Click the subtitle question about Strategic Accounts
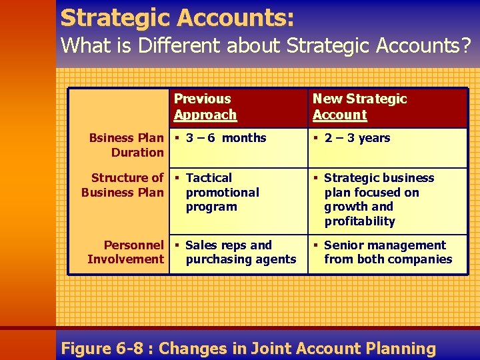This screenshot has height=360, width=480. [265, 46]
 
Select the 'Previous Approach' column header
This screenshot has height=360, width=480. [205, 107]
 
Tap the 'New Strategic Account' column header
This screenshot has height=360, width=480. [359, 107]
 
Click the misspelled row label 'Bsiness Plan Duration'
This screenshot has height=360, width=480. [127, 145]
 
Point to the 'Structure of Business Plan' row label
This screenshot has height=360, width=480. [123, 185]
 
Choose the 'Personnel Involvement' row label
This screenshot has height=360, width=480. [125, 252]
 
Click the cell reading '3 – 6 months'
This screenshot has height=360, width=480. [225, 138]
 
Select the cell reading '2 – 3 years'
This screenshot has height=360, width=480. [357, 138]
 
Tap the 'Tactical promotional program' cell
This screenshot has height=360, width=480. [222, 192]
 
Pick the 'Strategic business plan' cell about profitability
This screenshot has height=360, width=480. [378, 199]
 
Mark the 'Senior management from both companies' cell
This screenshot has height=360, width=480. [387, 252]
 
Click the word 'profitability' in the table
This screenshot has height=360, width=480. [359, 221]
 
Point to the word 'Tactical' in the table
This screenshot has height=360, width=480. [209, 178]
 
